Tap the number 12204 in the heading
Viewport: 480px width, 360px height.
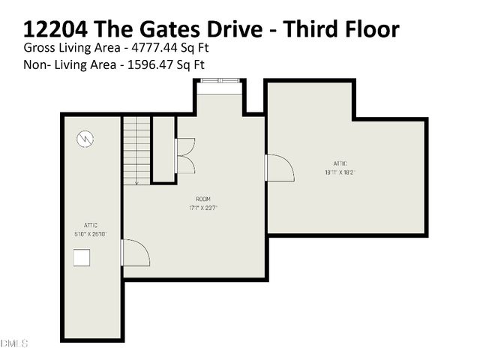click(x=58, y=29)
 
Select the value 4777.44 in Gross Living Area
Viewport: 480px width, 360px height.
click(x=155, y=47)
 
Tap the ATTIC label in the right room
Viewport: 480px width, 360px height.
click(x=340, y=163)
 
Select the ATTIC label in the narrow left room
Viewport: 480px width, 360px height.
click(x=91, y=225)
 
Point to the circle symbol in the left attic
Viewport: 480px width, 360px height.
click(x=86, y=139)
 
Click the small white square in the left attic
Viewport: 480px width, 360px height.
click(x=82, y=257)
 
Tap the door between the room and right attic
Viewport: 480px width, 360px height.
click(x=278, y=168)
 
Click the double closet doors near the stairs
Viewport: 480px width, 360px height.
click(x=184, y=156)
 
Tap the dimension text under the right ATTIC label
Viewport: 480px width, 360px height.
click(x=340, y=172)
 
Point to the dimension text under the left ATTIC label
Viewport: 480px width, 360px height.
click(x=91, y=234)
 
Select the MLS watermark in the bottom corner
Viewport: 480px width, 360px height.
click(x=13, y=343)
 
